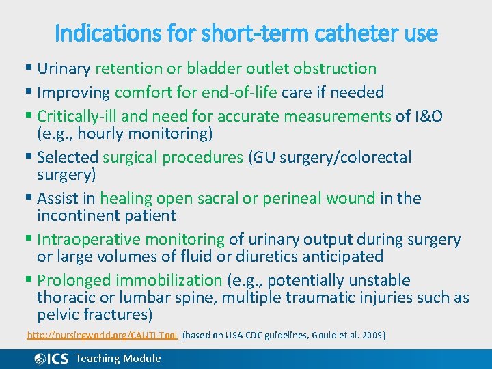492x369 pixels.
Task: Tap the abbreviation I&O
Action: (428, 116)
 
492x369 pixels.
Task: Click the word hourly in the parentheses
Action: (98, 133)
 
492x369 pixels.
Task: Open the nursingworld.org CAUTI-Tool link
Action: (102, 336)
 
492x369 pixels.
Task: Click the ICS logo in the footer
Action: (52, 359)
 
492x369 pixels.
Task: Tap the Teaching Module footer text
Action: (118, 359)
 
